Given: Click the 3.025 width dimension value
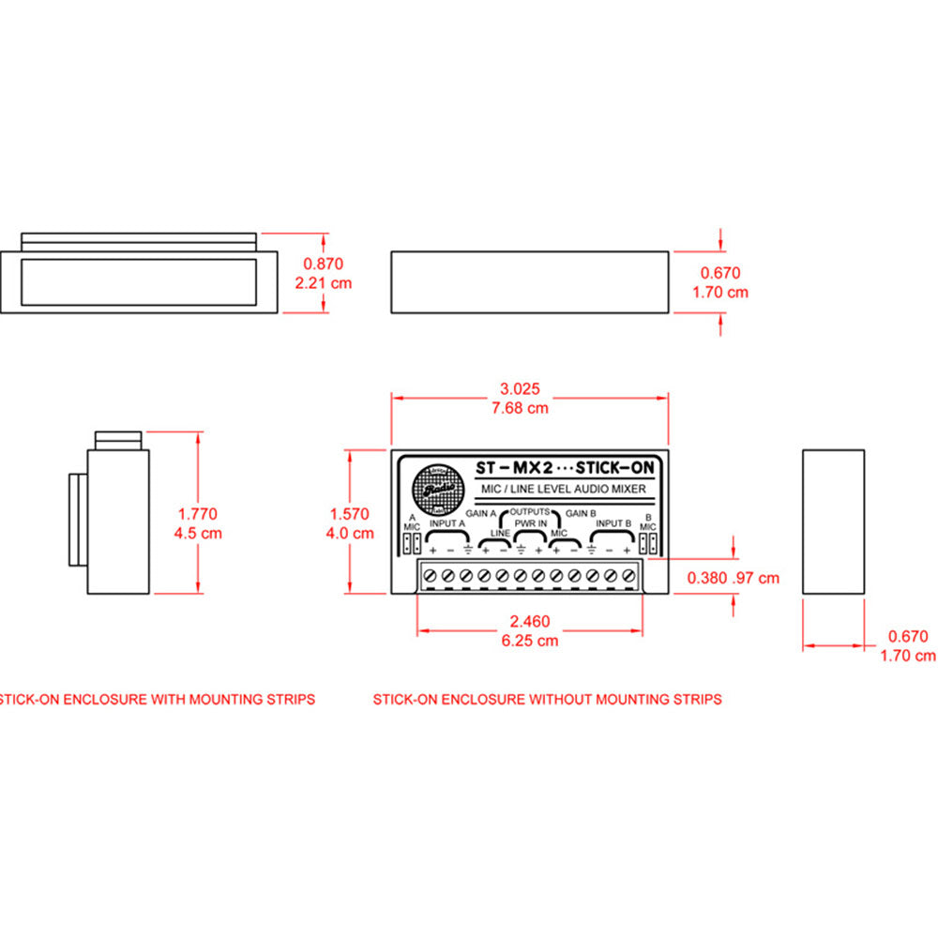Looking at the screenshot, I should click(x=522, y=388).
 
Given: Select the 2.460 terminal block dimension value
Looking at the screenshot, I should click(x=530, y=621).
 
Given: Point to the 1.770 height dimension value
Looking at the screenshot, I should click(x=197, y=513).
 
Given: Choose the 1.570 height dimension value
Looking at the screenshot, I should click(x=350, y=514).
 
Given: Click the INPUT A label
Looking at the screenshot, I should click(x=446, y=523).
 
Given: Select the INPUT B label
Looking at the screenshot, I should click(x=614, y=523).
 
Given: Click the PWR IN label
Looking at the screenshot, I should click(x=531, y=523).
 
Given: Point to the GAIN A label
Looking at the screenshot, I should click(x=480, y=513).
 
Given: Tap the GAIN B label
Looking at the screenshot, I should click(x=582, y=513).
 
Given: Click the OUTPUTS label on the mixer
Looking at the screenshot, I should click(x=531, y=512).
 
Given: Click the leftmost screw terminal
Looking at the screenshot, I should click(x=431, y=574).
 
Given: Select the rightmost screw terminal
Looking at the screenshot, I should click(x=628, y=574).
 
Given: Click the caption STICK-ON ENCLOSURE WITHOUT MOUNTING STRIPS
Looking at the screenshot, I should click(x=547, y=699).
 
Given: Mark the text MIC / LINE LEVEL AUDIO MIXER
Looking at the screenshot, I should click(x=560, y=489).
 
